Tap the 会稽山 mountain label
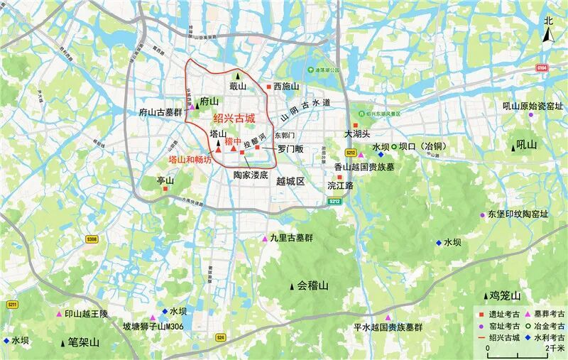click(x=313, y=285)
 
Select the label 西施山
click(x=286, y=87)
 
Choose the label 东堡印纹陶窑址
click(x=518, y=214)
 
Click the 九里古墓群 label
click(x=293, y=238)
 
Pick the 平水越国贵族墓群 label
click(x=388, y=327)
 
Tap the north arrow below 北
click(x=548, y=38)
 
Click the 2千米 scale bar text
click(x=556, y=349)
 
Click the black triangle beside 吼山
click(x=513, y=146)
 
